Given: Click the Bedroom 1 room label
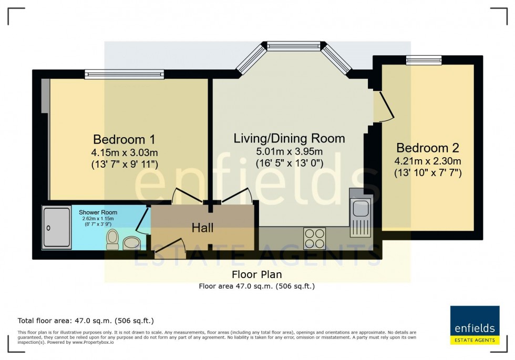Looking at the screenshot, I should pos(124,140).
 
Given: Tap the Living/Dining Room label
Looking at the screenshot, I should pos(289,139).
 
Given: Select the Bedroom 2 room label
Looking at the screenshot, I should pos(428,148).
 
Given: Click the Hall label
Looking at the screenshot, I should pos(202,228).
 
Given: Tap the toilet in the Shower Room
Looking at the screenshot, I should pos(112,239).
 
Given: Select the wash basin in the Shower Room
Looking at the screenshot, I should pos(131,243).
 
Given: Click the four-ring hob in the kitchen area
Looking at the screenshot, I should pos(314,238).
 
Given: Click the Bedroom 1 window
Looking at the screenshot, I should pos(125,75).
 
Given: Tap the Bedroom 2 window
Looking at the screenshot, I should pos(424,60).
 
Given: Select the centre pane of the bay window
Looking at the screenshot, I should pos(294,47).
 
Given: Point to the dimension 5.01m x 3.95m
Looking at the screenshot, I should pos(289,152).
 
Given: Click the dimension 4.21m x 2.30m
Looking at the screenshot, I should pos(428,161).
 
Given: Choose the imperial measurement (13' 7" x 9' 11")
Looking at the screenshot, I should pos(124,164).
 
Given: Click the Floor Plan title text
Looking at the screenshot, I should pos(257,275).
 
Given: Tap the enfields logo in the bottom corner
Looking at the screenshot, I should pos(475,325).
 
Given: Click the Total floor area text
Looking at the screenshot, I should pos(86,321).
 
